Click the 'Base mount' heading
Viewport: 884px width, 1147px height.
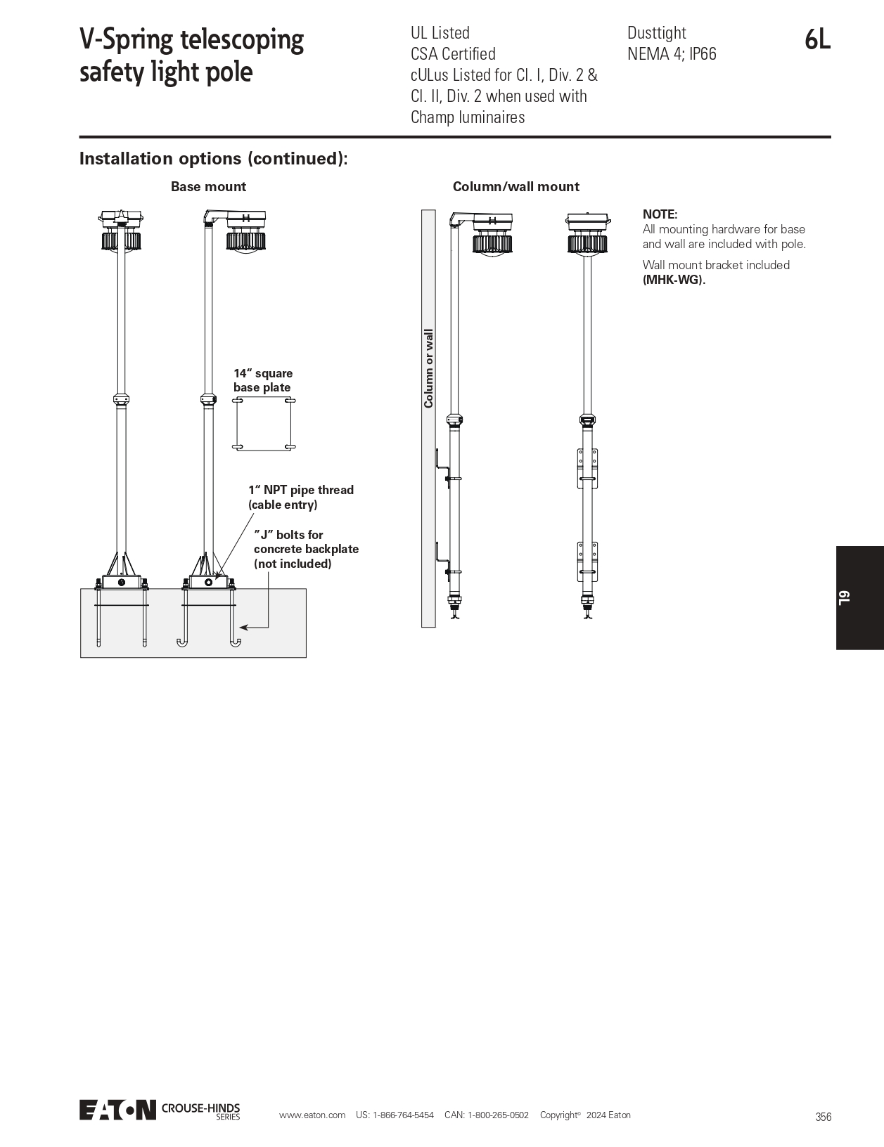(x=208, y=186)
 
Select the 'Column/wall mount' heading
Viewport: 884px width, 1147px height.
(x=515, y=186)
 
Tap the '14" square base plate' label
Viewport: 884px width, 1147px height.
(x=263, y=380)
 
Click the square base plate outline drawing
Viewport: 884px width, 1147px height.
(x=264, y=424)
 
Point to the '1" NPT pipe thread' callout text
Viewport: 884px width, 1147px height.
(x=300, y=490)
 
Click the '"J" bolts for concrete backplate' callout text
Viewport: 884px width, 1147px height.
(x=306, y=549)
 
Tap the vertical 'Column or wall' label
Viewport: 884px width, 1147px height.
(x=428, y=368)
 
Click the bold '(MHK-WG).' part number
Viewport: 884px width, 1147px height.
(x=674, y=279)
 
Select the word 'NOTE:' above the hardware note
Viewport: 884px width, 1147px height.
(x=660, y=214)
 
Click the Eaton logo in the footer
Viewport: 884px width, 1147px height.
(x=117, y=1110)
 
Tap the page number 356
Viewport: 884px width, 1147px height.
(x=823, y=1117)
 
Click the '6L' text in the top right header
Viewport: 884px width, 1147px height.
(x=817, y=40)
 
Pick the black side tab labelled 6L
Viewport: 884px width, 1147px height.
(x=859, y=597)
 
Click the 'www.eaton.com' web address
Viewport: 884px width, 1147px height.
(x=312, y=1115)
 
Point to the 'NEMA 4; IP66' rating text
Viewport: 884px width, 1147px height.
(x=672, y=54)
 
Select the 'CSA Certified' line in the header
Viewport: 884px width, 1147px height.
(x=453, y=54)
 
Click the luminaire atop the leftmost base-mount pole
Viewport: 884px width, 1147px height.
(x=122, y=230)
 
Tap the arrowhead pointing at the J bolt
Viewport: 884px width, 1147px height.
(x=243, y=626)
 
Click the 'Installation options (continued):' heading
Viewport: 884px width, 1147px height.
(x=213, y=159)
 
